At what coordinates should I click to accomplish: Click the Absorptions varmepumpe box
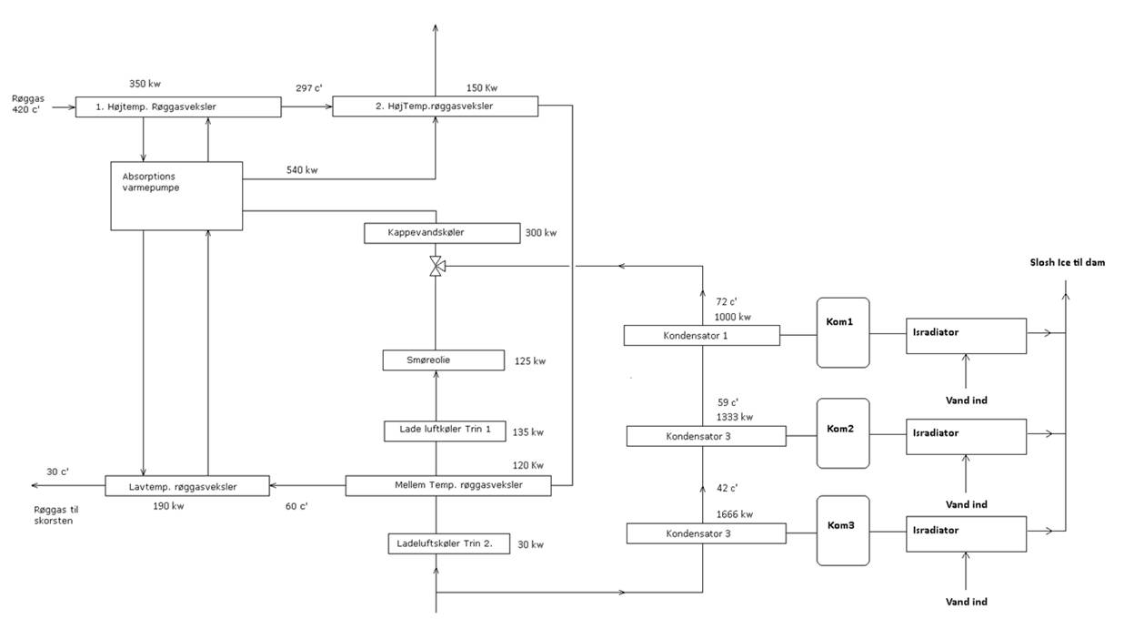(176, 196)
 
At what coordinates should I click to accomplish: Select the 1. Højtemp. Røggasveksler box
(177, 107)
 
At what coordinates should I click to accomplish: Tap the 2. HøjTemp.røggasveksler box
(435, 106)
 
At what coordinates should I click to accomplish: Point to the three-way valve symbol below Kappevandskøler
(437, 266)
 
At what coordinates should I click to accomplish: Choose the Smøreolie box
(443, 360)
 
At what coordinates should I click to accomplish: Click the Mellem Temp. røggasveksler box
(447, 486)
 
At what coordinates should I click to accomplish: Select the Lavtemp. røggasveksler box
(187, 487)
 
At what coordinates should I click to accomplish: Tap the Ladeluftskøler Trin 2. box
(448, 544)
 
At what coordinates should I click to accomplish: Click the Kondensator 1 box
(701, 336)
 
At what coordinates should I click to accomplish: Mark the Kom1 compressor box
(843, 332)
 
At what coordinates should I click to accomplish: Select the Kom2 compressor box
(843, 433)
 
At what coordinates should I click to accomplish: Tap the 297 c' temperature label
(308, 88)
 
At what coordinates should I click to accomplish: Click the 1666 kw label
(735, 514)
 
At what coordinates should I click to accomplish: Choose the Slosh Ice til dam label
(1065, 263)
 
